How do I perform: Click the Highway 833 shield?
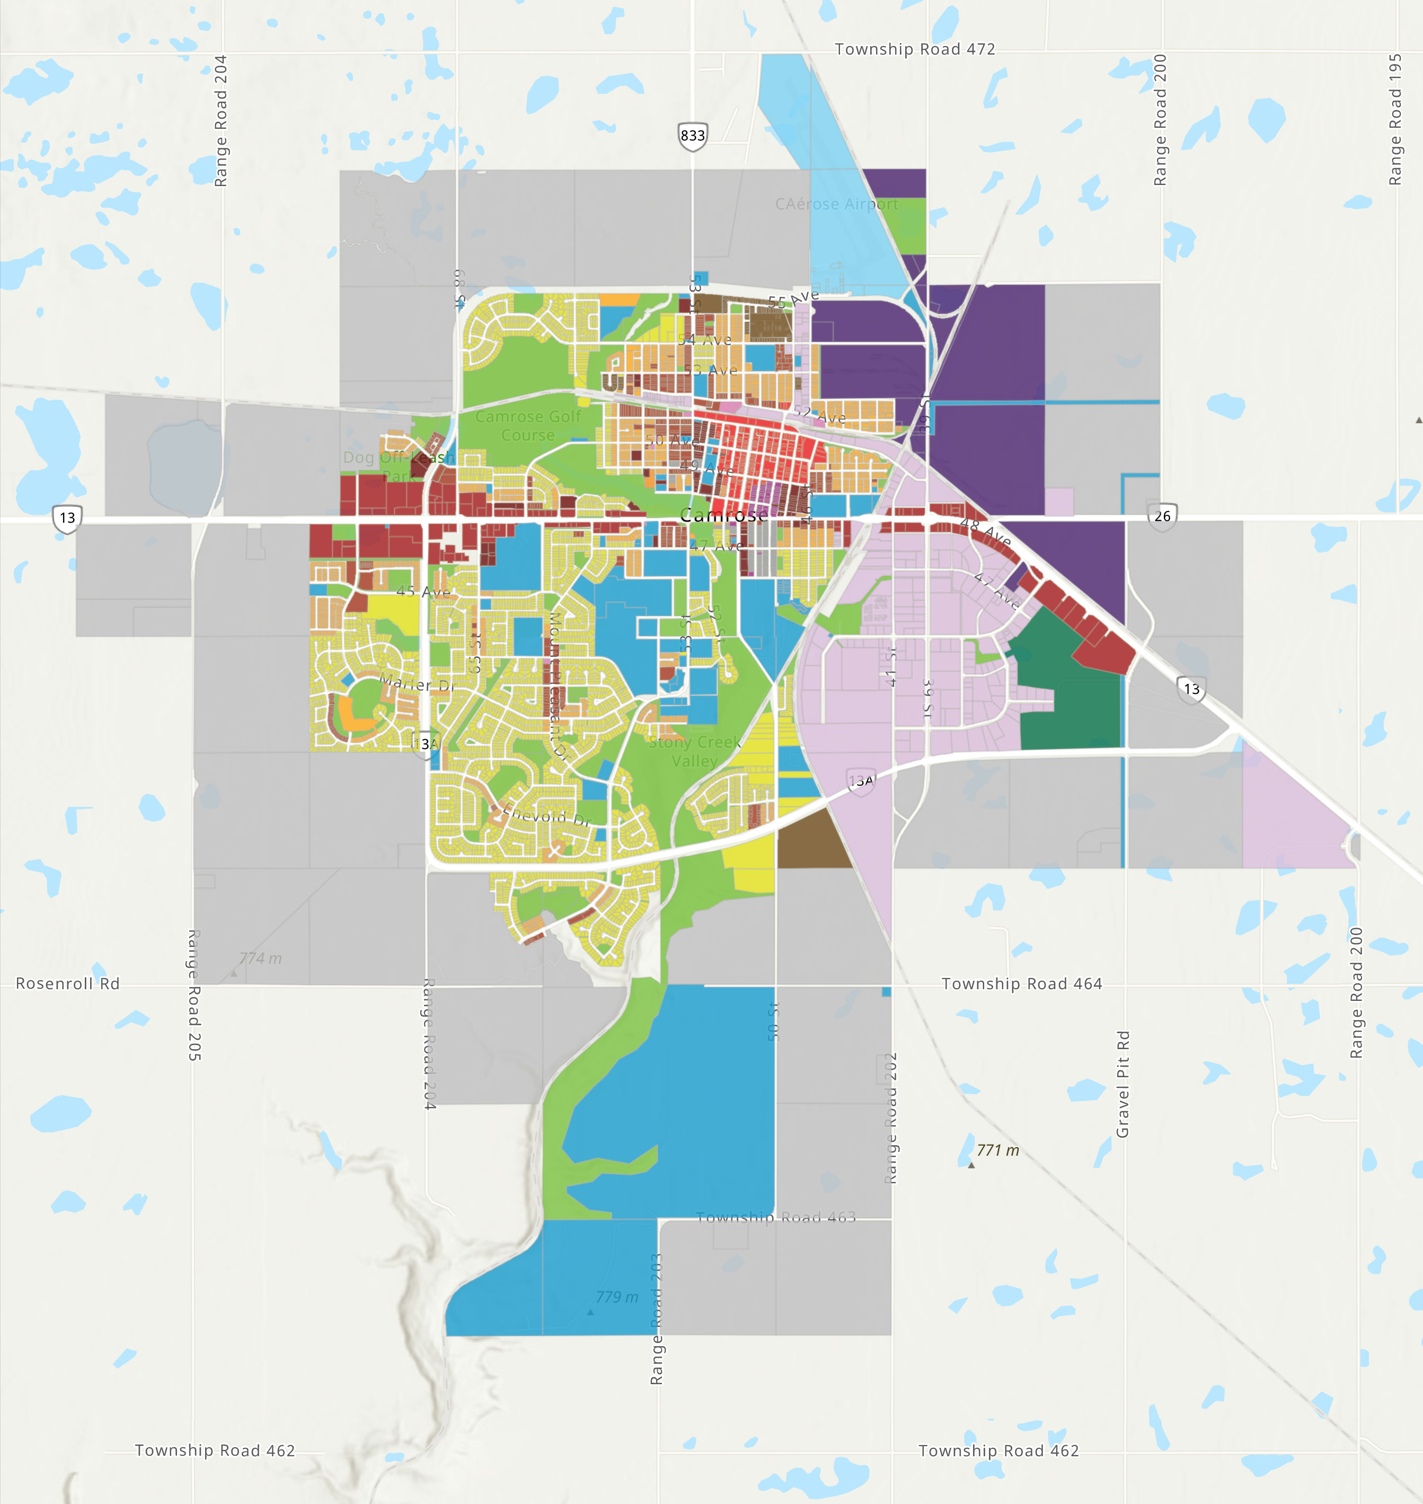693,136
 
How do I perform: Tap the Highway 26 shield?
1162,516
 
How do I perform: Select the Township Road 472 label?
915,49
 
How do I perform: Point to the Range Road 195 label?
1395,119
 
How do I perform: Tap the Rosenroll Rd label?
67,983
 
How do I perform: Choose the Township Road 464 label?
1022,983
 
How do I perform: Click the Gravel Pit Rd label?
1123,1084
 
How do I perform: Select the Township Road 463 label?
776,1218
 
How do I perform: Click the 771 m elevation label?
997,1150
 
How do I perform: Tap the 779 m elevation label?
617,1297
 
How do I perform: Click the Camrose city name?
723,516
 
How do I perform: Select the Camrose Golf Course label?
528,426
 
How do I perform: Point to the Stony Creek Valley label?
694,751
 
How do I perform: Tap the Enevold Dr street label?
546,816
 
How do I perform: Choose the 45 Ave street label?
423,591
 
